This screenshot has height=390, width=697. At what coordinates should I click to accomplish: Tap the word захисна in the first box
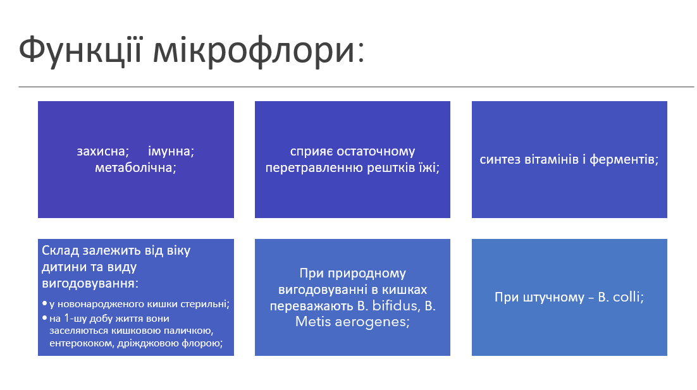[103, 152]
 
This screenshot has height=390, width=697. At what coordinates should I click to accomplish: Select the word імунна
[171, 152]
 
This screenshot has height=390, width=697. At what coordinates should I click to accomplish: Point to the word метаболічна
[135, 168]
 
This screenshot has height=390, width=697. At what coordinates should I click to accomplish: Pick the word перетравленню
[308, 168]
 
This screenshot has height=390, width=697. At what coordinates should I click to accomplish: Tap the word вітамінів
[557, 160]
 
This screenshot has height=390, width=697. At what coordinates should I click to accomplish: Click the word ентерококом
[77, 344]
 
